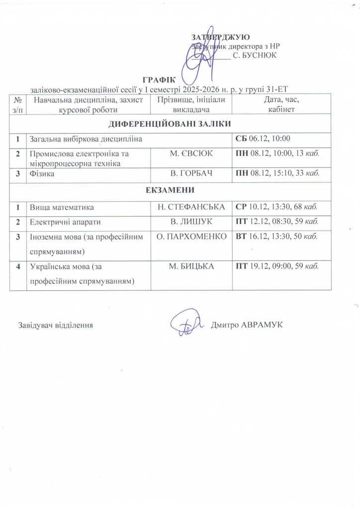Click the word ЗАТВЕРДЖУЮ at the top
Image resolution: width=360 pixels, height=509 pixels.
(220, 37)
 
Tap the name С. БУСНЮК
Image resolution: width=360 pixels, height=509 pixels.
(254, 55)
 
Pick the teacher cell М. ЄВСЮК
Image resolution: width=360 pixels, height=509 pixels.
(191, 154)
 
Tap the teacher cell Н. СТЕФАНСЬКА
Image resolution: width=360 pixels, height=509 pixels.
(191, 206)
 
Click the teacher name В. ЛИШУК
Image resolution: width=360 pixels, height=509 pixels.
(191, 222)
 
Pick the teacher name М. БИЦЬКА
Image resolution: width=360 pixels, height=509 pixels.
(191, 267)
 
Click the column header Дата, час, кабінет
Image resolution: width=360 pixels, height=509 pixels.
(281, 104)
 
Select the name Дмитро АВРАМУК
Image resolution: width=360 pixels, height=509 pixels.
(247, 325)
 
